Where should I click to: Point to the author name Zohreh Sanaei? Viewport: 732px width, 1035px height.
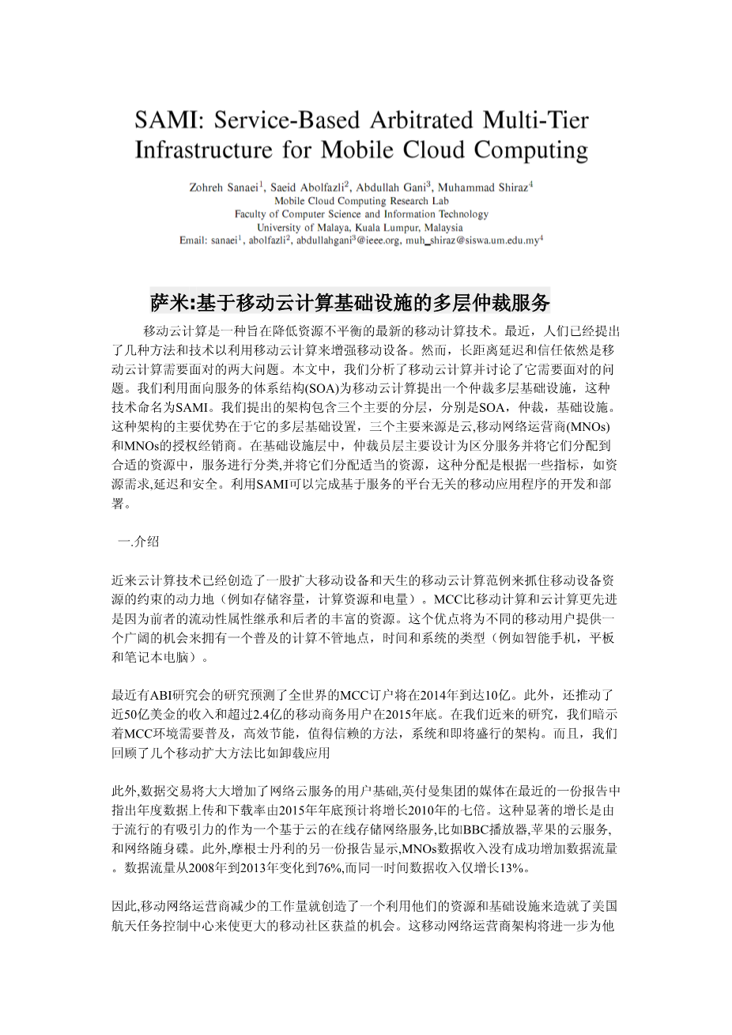tap(225, 188)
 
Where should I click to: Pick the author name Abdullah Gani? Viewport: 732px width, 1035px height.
tap(391, 188)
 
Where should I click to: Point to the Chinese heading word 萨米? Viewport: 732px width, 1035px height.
tap(169, 302)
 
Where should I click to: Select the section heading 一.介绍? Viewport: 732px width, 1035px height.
tap(138, 542)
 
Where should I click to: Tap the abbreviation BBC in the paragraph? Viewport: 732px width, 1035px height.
tap(476, 829)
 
